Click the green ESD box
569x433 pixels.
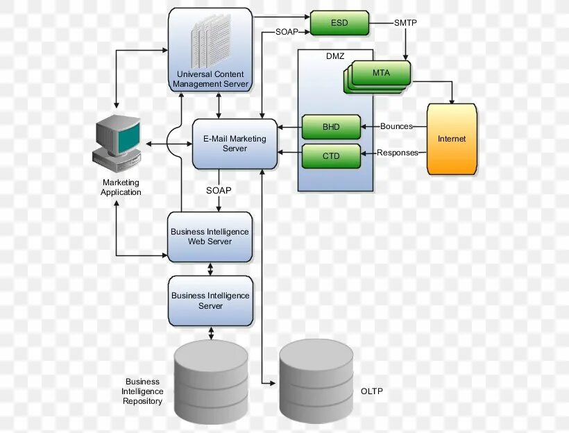click(339, 23)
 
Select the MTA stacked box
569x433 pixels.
click(380, 74)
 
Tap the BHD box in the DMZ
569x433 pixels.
click(331, 128)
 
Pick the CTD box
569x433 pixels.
click(331, 156)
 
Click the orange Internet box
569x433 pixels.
click(452, 139)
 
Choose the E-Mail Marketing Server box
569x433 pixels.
click(235, 144)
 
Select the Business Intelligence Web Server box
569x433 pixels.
click(210, 237)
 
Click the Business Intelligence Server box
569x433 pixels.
click(210, 300)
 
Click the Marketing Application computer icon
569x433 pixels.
click(117, 142)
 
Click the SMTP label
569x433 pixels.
click(405, 23)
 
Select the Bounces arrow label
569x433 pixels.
click(396, 126)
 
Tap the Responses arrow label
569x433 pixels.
click(398, 153)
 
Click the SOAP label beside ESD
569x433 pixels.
click(287, 31)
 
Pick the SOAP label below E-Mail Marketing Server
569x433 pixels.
click(219, 190)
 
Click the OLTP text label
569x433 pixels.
click(372, 391)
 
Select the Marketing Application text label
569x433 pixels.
click(121, 187)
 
